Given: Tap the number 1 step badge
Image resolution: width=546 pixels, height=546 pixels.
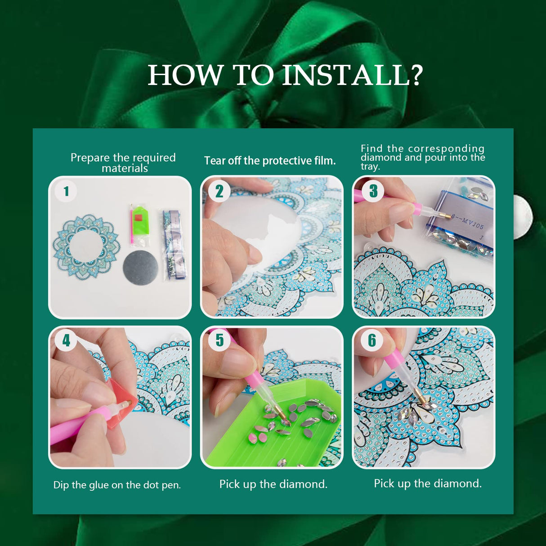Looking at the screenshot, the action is coord(66,191).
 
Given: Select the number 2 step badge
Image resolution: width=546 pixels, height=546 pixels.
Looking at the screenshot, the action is coord(219,191).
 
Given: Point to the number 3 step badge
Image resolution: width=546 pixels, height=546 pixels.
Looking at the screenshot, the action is coord(373,191).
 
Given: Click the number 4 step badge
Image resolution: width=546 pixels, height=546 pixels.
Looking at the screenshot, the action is coord(66,340).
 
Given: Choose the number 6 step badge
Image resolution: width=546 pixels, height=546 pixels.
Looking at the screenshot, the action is coord(372,340).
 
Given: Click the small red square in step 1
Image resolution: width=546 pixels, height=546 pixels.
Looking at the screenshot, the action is coord(138,218).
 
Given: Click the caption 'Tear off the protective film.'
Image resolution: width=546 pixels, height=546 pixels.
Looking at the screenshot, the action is coord(270,161).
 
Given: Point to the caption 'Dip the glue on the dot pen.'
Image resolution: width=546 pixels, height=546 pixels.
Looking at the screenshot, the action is coord(117,485).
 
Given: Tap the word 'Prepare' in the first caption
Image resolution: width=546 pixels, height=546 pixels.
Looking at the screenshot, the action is coord(90,158).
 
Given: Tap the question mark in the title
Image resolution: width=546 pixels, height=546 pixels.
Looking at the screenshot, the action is coord(416,76).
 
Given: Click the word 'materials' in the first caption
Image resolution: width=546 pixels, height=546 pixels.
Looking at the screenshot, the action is coord(125,169).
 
